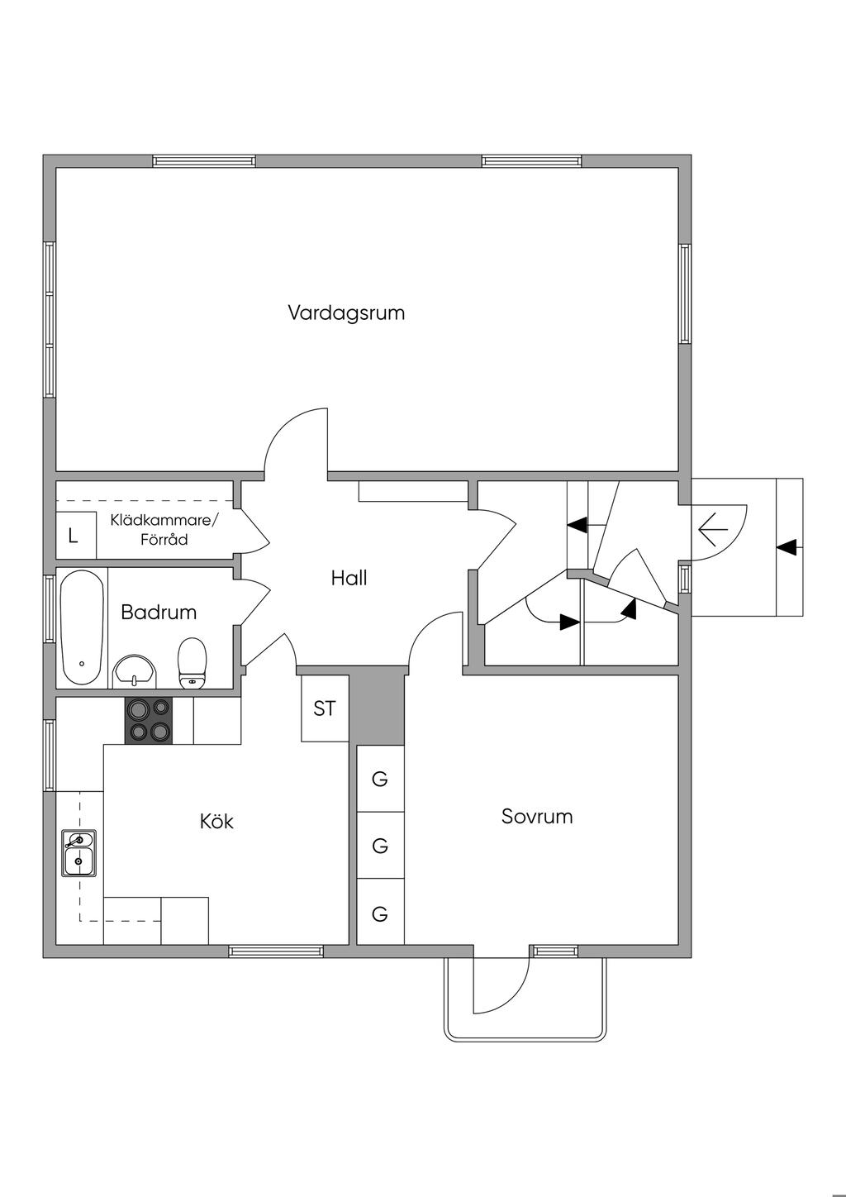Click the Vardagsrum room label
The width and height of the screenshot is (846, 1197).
click(x=346, y=313)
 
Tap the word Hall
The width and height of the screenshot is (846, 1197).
click(x=349, y=578)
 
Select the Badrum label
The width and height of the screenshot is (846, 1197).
click(x=159, y=613)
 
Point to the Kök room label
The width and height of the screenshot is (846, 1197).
click(x=216, y=822)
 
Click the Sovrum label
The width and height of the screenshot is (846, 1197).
click(x=537, y=816)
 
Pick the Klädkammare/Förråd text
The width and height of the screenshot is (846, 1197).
click(x=164, y=529)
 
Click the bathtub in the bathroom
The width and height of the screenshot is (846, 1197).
click(x=82, y=627)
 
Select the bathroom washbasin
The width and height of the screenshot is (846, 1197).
click(x=135, y=672)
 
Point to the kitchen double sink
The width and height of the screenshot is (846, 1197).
click(x=79, y=853)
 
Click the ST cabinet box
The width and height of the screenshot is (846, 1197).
click(x=325, y=708)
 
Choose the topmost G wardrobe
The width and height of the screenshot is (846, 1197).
click(x=380, y=779)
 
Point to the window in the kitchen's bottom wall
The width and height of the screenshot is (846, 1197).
click(x=276, y=951)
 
